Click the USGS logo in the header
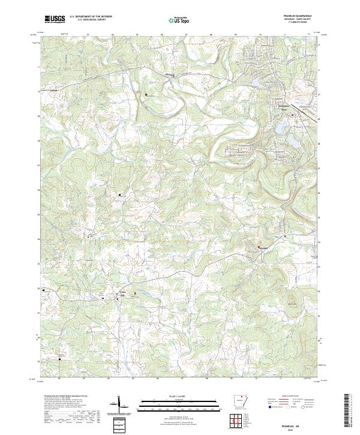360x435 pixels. pos(55,19)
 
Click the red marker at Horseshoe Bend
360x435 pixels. pos(292,115)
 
